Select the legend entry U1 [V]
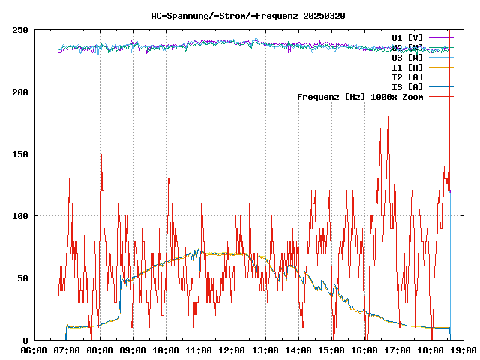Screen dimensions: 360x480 click(x=407, y=37)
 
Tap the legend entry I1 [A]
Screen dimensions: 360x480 click(x=407, y=67)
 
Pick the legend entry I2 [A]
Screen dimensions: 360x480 click(x=407, y=76)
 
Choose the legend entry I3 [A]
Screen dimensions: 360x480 click(x=407, y=86)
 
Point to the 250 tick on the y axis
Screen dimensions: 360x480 click(x=20, y=30)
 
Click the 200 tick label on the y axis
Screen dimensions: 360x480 click(x=20, y=92)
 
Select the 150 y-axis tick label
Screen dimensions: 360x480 click(x=20, y=154)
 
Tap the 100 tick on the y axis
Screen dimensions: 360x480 click(x=20, y=216)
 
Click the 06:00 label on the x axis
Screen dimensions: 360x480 click(x=34, y=350)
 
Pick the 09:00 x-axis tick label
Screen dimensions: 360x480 click(x=133, y=350)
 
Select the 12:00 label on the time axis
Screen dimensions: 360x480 click(x=232, y=350)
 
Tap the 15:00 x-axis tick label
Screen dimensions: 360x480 click(x=331, y=350)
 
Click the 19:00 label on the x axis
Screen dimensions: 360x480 click(x=463, y=350)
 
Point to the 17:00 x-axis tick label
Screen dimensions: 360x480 click(x=397, y=350)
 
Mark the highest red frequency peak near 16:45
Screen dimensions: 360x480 click(x=388, y=117)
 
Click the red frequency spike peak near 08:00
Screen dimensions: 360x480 click(x=101, y=154)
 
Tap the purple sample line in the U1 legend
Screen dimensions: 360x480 click(x=442, y=37)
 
